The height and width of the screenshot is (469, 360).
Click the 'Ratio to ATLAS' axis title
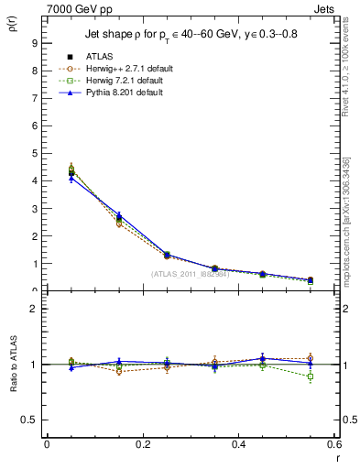(12, 365)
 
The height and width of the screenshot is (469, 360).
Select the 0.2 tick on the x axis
(141, 445)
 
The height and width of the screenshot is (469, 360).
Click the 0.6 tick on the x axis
(333, 445)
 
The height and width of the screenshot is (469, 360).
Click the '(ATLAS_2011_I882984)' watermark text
(190, 274)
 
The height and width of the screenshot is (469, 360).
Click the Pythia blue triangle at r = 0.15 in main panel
(118, 216)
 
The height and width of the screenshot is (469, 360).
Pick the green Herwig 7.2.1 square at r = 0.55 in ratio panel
(311, 376)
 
